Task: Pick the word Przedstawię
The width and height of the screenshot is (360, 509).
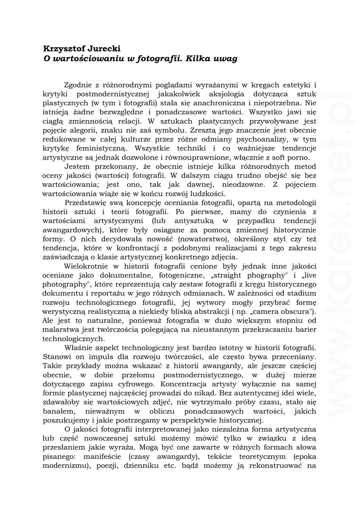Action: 89,202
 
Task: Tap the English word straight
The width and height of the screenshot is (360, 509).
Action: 242,275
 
